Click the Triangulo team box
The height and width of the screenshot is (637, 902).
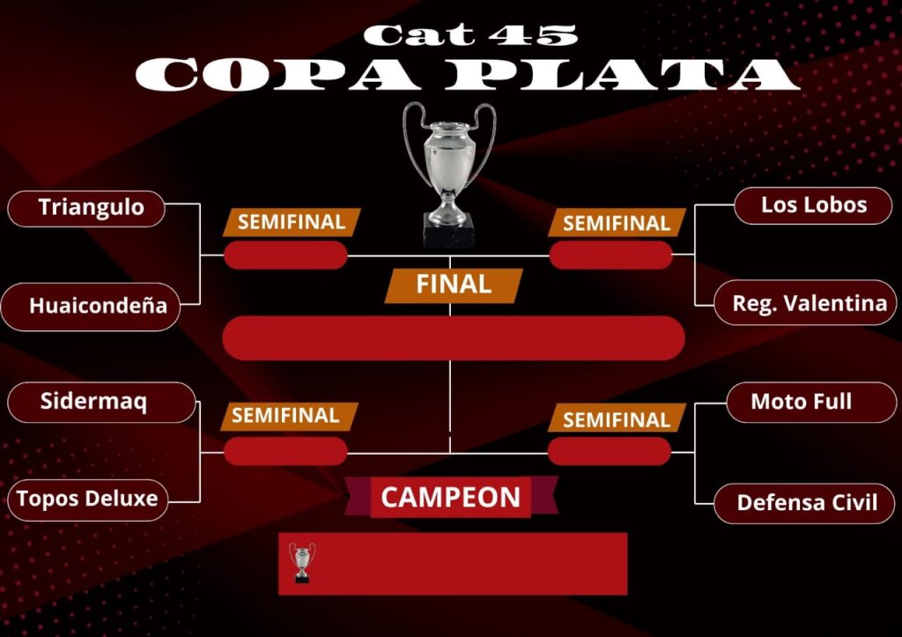coord(86,208)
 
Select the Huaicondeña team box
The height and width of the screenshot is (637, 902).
coord(91,307)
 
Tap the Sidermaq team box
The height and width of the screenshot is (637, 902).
coord(102,403)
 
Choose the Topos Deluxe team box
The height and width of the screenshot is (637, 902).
coord(87,500)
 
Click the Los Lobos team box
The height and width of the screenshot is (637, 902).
coord(813,205)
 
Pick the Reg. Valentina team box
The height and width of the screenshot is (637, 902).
coord(805,303)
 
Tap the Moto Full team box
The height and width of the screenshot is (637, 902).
coord(811,403)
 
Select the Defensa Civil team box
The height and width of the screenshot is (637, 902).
coord(804,503)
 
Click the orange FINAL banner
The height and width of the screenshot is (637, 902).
coord(454,285)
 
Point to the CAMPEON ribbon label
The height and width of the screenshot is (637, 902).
coord(451,497)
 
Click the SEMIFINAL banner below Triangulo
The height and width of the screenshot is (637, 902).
coord(292,222)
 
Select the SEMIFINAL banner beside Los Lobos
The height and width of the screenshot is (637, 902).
coord(617,223)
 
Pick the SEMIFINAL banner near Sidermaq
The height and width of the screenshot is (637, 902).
coord(289,416)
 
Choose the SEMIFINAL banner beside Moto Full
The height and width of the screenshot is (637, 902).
coord(617,418)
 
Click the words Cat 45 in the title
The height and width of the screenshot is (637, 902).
coord(470,35)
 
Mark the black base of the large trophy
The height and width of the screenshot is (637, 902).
coord(448,230)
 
